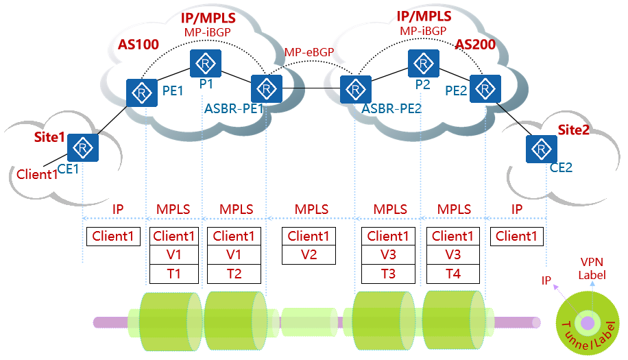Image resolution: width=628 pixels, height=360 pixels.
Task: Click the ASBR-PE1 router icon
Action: [x=265, y=88]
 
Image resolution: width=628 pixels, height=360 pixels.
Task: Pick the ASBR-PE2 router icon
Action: [x=354, y=88]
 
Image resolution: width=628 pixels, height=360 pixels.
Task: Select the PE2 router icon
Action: [x=485, y=88]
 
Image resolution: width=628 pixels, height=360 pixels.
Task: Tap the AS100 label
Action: [x=138, y=45]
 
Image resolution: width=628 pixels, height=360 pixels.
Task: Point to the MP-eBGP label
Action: [x=307, y=52]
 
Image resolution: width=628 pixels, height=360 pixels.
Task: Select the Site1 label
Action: [x=49, y=137]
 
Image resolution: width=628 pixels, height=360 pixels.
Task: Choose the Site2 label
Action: [x=573, y=130]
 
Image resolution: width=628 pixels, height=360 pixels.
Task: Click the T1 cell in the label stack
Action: [x=174, y=274]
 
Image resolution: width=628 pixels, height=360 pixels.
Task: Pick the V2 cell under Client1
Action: [x=309, y=255]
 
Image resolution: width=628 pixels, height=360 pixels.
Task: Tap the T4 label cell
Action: [x=452, y=274]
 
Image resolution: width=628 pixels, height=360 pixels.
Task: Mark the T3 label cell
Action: [x=388, y=274]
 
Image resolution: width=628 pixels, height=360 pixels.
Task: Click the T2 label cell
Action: [x=233, y=274]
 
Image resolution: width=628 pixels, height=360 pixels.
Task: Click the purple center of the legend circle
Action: [x=588, y=322]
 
